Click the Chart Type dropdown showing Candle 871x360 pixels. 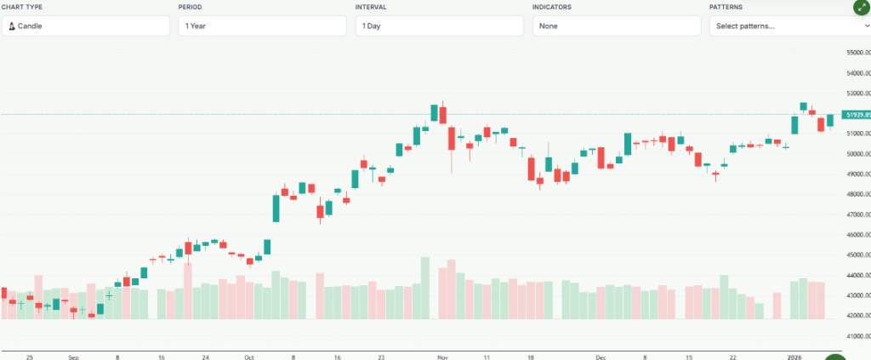click(x=85, y=26)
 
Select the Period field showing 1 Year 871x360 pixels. click(x=262, y=26)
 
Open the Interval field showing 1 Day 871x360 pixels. click(x=439, y=26)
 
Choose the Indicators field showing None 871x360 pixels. click(x=616, y=26)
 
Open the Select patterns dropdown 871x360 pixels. click(x=788, y=26)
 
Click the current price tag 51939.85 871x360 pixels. click(x=855, y=114)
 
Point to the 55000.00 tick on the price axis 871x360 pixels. click(x=854, y=53)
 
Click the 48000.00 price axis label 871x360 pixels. click(x=854, y=194)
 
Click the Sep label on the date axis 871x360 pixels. click(x=74, y=358)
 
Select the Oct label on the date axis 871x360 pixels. click(x=248, y=358)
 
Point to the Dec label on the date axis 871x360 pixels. click(x=601, y=358)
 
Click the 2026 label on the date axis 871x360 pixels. click(x=794, y=358)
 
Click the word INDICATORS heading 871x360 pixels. click(x=552, y=7)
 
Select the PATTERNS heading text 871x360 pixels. click(x=726, y=7)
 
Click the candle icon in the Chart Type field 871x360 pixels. click(x=12, y=26)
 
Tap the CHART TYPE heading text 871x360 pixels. click(x=22, y=7)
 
